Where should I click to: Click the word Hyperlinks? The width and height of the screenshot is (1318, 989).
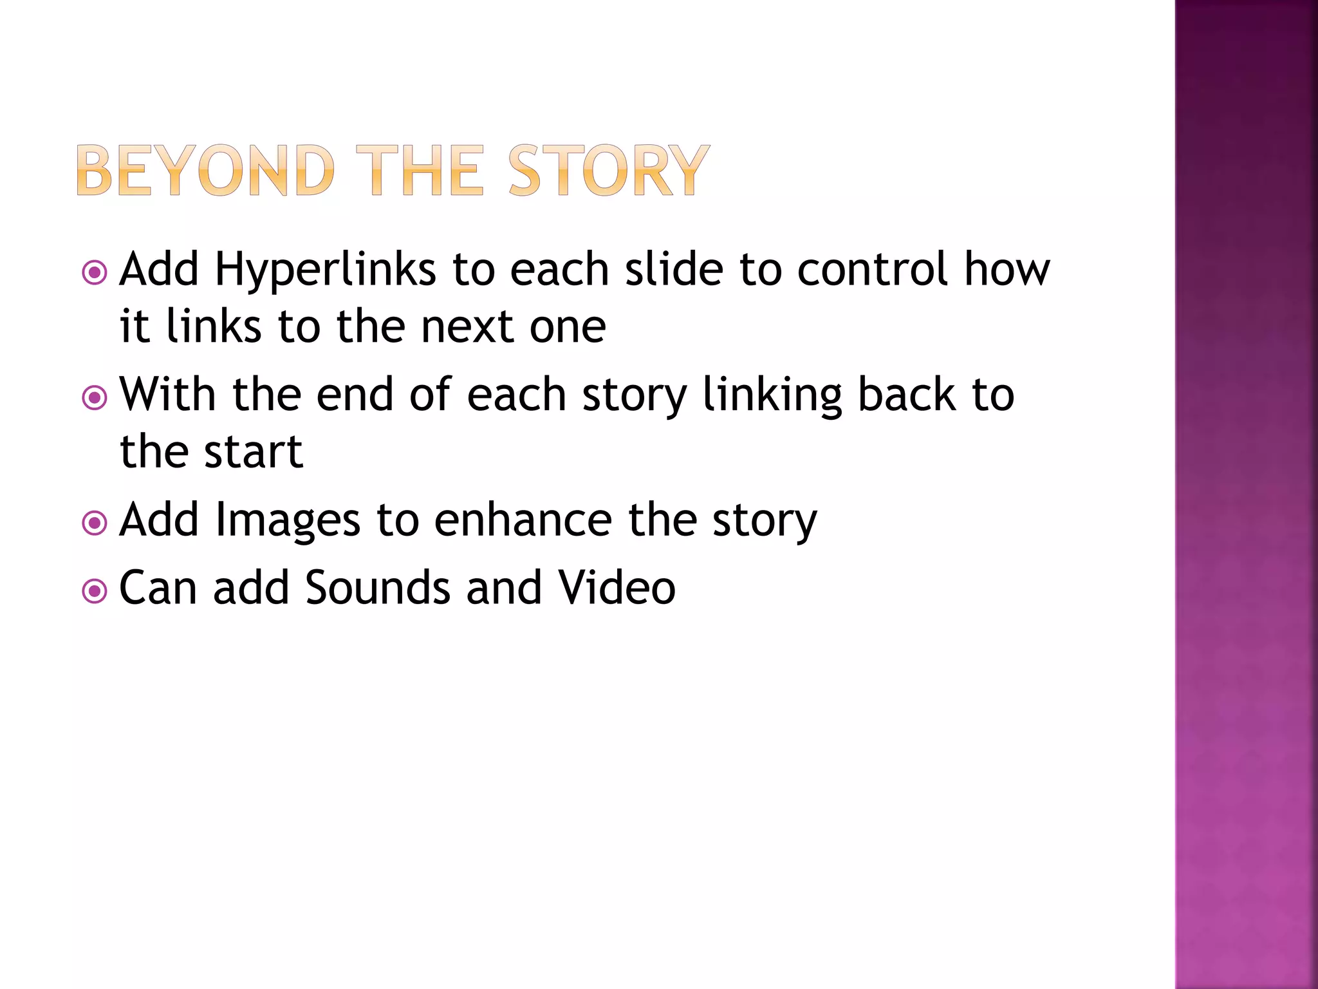326,269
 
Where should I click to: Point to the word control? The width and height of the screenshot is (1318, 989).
872,269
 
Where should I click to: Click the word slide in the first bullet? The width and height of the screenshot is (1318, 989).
674,269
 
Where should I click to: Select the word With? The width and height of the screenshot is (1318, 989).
167,394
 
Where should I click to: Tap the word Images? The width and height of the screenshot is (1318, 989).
287,520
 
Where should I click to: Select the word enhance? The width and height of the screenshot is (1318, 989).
523,520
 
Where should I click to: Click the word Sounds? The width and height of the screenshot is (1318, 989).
377,587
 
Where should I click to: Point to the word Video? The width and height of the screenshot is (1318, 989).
617,587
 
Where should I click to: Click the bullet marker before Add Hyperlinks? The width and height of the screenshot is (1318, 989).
95,273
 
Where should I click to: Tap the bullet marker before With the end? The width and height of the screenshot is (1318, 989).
95,398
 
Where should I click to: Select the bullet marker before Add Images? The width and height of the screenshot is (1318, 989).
95,523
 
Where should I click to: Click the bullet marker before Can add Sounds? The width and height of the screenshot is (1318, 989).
95,591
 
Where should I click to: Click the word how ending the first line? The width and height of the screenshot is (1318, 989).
1007,269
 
